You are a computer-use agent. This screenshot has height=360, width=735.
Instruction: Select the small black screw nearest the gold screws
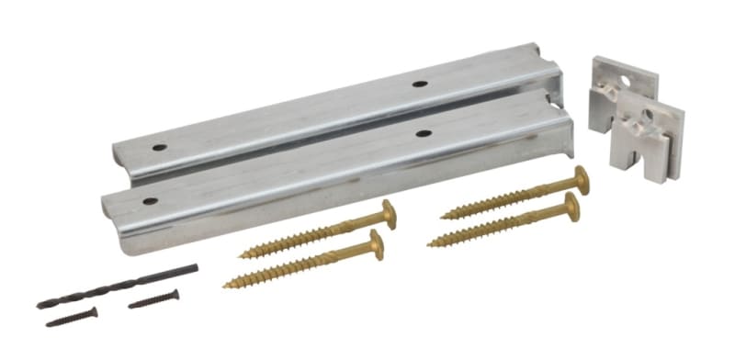tap(153, 298)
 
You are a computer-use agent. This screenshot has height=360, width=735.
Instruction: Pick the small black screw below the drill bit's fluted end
tap(72, 317)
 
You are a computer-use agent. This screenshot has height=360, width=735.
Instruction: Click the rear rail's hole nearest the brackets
tap(419, 84)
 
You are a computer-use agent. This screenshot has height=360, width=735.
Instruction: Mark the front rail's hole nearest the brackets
tap(423, 133)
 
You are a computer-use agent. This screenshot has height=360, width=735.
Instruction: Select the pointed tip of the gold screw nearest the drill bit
tap(226, 285)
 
